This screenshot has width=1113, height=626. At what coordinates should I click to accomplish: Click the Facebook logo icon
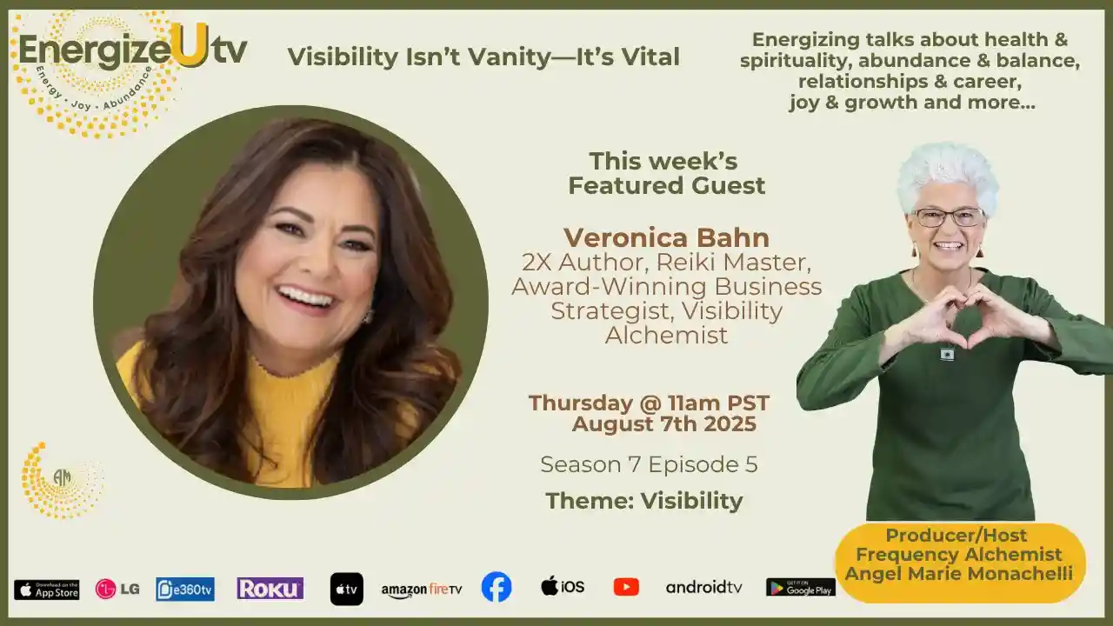click(497, 587)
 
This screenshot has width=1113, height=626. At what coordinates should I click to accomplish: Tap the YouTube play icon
click(626, 587)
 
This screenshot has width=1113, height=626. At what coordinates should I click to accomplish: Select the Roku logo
click(270, 589)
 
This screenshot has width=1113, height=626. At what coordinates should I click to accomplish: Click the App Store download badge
click(47, 589)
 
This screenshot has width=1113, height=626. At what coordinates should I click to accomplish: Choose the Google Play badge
click(800, 588)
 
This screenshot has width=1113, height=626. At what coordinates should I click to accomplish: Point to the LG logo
click(117, 589)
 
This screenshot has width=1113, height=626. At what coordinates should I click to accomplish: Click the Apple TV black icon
click(346, 589)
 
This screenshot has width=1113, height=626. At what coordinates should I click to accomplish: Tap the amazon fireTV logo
click(422, 589)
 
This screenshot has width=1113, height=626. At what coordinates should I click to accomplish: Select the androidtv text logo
click(704, 588)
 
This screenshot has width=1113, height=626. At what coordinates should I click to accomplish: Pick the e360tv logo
click(185, 589)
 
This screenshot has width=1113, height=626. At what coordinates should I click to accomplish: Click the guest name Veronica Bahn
click(666, 237)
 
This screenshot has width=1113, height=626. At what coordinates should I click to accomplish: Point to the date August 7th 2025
click(664, 424)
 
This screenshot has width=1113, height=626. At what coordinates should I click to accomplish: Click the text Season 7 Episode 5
click(649, 464)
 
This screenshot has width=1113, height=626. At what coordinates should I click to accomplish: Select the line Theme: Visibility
click(644, 501)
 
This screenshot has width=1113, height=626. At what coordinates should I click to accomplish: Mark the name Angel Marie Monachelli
click(959, 574)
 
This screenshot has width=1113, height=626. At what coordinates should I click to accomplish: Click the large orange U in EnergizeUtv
click(190, 45)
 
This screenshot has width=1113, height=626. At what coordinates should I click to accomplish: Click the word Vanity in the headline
click(507, 57)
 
